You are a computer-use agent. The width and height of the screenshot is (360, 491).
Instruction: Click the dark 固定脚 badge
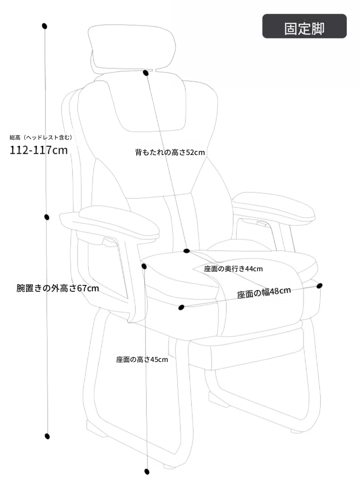click(304, 26)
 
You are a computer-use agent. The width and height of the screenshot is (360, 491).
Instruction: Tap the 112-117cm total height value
click(38, 150)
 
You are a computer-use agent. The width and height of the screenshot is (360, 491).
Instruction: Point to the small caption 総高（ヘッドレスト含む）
click(41, 137)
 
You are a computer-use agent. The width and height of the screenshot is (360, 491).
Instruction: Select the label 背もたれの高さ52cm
click(170, 152)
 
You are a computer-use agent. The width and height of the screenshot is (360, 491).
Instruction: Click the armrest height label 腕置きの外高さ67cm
click(57, 288)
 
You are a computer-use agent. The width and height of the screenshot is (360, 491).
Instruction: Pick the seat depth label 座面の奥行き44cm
click(233, 269)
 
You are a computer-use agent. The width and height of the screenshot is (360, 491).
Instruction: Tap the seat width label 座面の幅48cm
click(264, 293)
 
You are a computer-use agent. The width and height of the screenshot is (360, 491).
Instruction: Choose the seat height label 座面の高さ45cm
click(142, 360)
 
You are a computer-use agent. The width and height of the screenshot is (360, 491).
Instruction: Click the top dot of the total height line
click(45, 26)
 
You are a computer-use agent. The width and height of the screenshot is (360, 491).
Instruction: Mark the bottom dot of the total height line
click(47, 436)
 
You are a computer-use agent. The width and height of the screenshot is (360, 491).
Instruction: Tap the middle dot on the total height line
click(46, 217)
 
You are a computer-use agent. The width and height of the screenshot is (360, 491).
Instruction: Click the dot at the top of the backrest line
click(145, 73)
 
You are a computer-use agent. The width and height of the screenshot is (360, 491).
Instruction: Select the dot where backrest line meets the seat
click(186, 251)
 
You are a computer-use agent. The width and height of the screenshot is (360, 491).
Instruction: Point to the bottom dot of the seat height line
click(146, 471)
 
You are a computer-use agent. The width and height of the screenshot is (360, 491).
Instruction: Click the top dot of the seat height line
click(144, 266)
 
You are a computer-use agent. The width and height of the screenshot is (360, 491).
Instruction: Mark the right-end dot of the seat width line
click(319, 285)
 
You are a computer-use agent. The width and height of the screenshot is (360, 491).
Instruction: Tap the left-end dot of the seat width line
click(181, 307)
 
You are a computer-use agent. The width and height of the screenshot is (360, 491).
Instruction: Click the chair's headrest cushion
click(132, 47)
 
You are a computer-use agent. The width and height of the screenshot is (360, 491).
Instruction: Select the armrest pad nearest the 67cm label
click(119, 220)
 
